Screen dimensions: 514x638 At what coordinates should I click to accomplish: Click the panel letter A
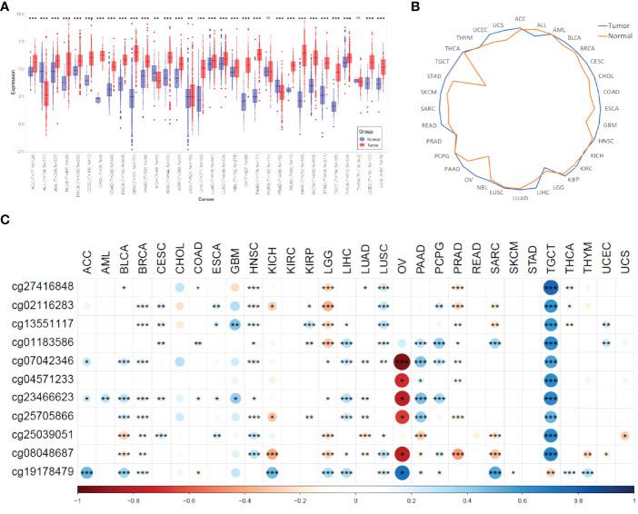click(6, 7)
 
